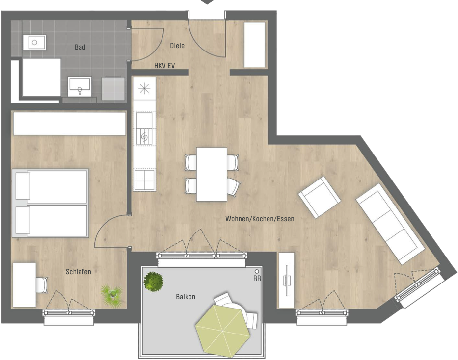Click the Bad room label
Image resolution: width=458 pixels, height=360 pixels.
click(80, 47)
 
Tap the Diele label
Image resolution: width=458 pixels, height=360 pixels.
click(177, 46)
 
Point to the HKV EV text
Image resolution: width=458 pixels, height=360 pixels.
click(164, 66)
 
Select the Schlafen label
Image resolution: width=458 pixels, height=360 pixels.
click(78, 272)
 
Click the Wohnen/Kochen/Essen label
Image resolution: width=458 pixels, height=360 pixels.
click(260, 219)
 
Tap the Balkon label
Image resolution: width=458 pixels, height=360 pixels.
click(186, 297)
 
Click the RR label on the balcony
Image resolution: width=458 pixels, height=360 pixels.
click(257, 278)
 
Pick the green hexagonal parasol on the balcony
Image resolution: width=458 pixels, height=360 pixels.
click(222, 331)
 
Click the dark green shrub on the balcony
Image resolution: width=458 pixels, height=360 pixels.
click(153, 282)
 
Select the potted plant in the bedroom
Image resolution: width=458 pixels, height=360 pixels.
click(111, 296)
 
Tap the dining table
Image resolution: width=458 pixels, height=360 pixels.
click(212, 174)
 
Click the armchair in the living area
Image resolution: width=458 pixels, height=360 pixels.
click(319, 197)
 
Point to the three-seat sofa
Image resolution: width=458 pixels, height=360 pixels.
click(390, 224)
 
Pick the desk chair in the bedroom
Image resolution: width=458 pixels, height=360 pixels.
click(41, 285)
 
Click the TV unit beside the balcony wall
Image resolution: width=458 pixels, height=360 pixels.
click(287, 281)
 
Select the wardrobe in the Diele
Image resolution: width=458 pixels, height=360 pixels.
click(254, 45)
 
